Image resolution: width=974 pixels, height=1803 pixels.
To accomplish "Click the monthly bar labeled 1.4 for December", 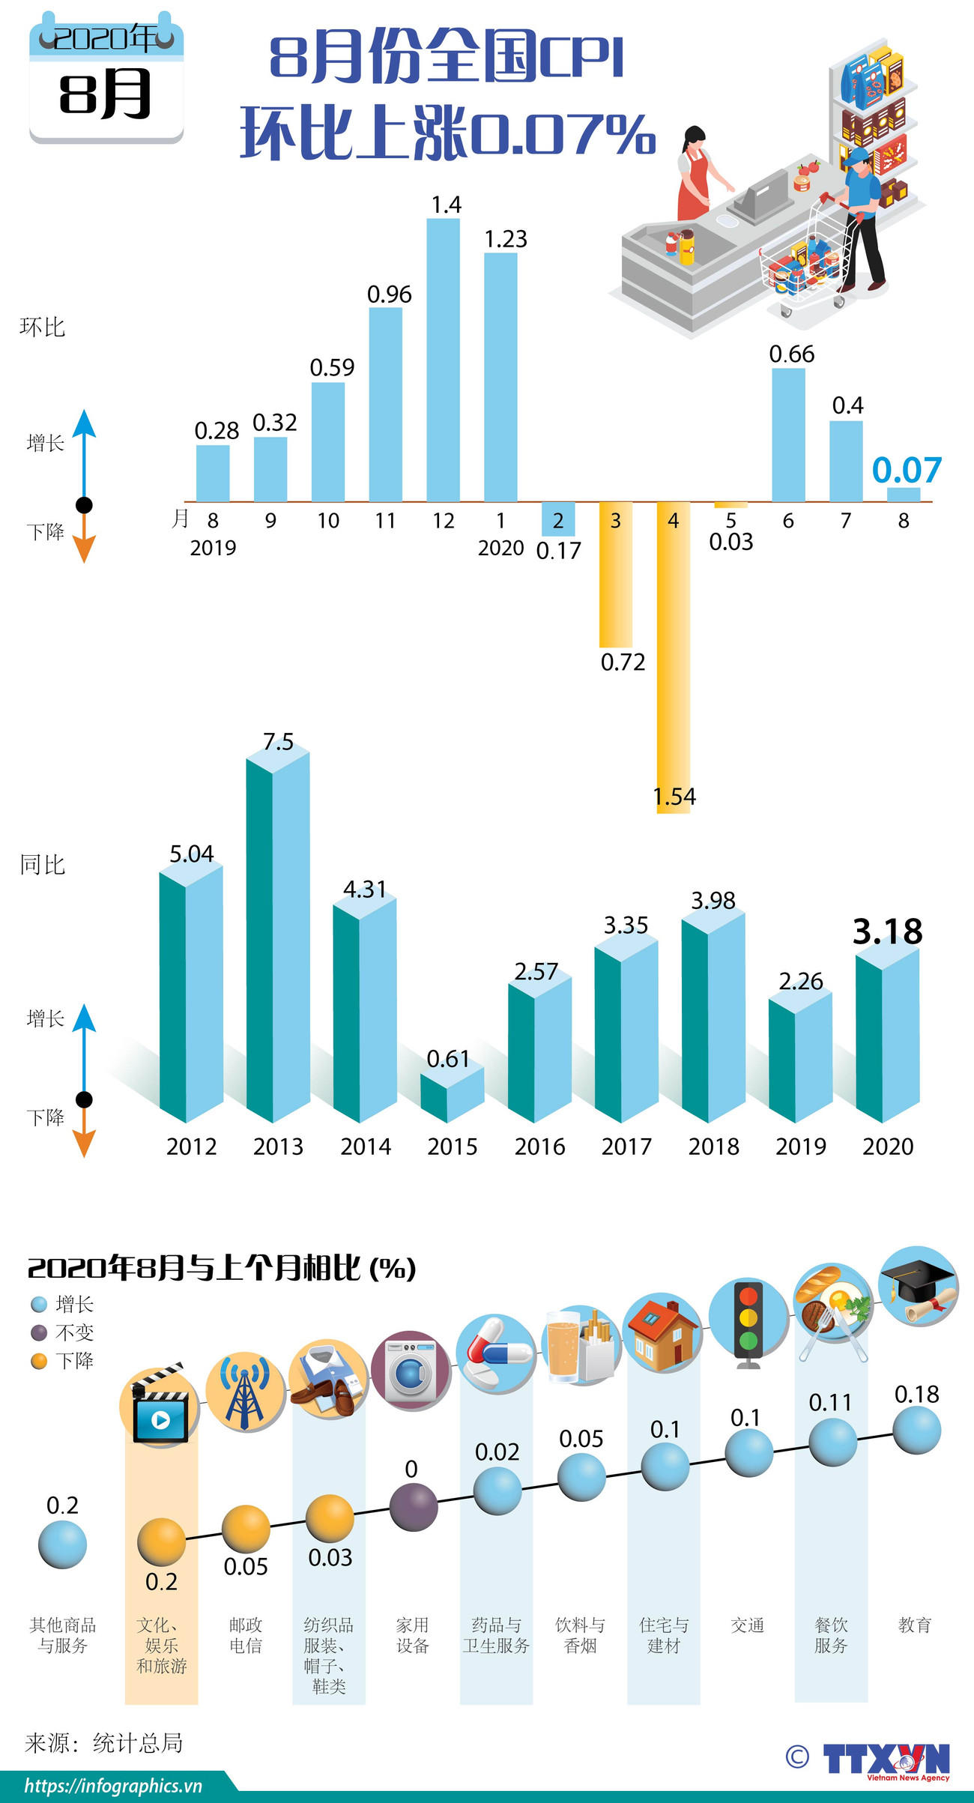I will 443,360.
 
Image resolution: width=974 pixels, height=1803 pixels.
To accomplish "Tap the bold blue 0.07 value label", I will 907,470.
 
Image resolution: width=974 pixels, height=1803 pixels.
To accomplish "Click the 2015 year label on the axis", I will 453,1147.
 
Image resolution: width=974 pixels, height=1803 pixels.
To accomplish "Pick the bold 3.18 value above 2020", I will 888,931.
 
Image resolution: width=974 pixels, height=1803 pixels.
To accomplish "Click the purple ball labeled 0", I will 414,1506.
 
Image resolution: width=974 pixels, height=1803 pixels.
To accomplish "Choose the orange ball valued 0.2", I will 161,1542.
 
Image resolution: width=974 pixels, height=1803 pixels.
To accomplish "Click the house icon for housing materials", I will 663,1333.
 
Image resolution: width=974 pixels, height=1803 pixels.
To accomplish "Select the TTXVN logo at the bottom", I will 884,1760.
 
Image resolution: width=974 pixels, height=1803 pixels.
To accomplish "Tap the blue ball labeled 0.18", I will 916,1430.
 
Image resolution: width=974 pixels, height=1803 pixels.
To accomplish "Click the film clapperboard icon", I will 160,1407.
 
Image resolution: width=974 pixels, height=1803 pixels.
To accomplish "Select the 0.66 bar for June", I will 788,435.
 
